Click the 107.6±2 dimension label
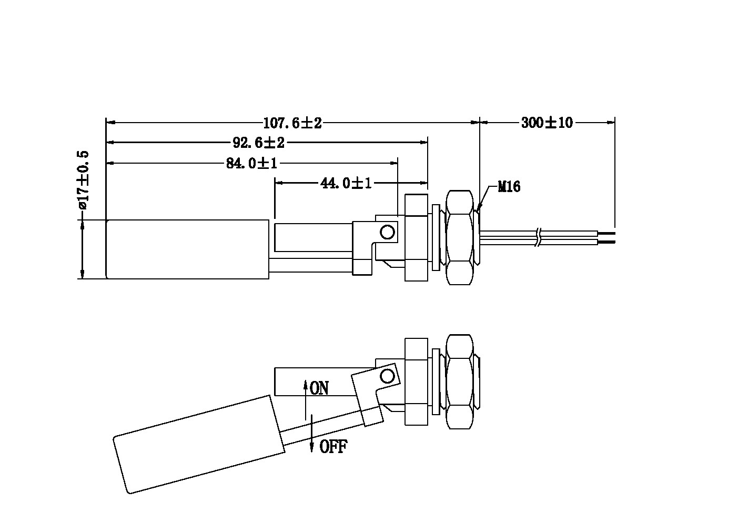coord(292,123)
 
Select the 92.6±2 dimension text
coord(258,143)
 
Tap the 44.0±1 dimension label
coord(346,183)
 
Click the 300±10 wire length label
coord(547,123)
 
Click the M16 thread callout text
coord(509,186)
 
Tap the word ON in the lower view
coord(319,388)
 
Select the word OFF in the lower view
coord(333,447)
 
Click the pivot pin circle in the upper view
coord(388,232)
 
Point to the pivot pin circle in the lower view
coord(388,376)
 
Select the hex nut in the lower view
coord(459,381)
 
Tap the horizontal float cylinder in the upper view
coord(188,249)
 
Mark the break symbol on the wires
coord(537,237)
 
